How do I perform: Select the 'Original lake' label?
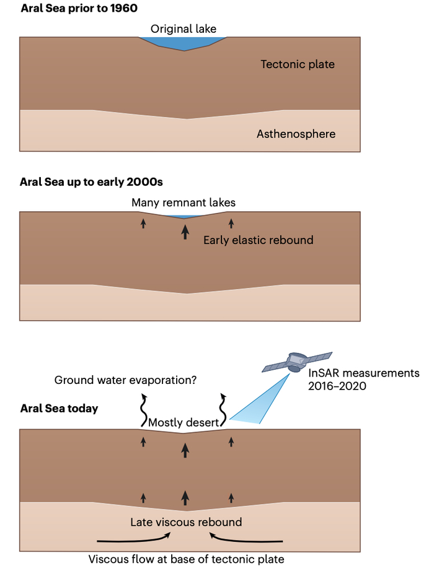click(x=183, y=29)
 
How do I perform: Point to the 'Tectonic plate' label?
click(x=298, y=64)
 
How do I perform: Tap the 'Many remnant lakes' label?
click(x=184, y=202)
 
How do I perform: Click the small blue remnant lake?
click(x=184, y=216)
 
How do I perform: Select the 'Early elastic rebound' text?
click(x=258, y=240)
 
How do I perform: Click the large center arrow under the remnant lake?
click(x=184, y=232)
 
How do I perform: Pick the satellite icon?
click(x=297, y=363)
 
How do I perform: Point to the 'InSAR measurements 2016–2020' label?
click(x=363, y=379)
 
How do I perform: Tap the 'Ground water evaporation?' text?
click(x=125, y=380)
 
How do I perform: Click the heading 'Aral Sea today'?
click(x=60, y=409)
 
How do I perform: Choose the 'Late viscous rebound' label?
click(x=186, y=522)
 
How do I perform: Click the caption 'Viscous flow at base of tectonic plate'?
click(x=186, y=559)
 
